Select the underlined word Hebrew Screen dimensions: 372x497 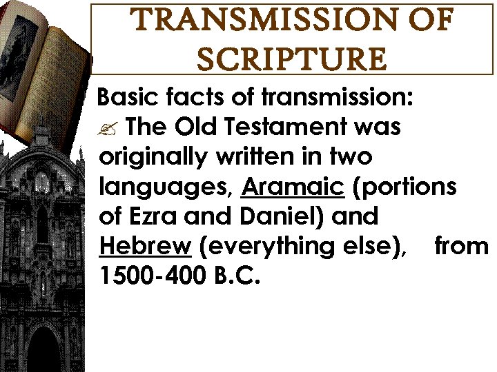coord(145,246)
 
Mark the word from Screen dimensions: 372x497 coord(461,246)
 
